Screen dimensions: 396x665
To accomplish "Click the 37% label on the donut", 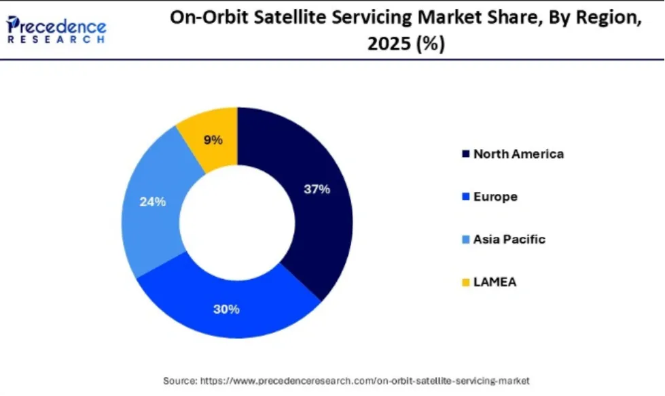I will pos(317,189).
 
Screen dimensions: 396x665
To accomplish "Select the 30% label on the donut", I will pos(226,309).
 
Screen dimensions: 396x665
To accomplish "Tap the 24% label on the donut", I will pos(152,202).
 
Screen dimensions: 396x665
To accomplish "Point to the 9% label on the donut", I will pos(213,140).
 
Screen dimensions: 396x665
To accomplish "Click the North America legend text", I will pos(518,154).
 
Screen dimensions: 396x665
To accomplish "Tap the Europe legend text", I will pos(495,197).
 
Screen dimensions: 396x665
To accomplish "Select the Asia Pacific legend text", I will pos(509,239).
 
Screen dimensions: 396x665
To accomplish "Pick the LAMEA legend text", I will pos(495,282).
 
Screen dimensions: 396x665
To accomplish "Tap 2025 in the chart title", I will pos(390,44).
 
